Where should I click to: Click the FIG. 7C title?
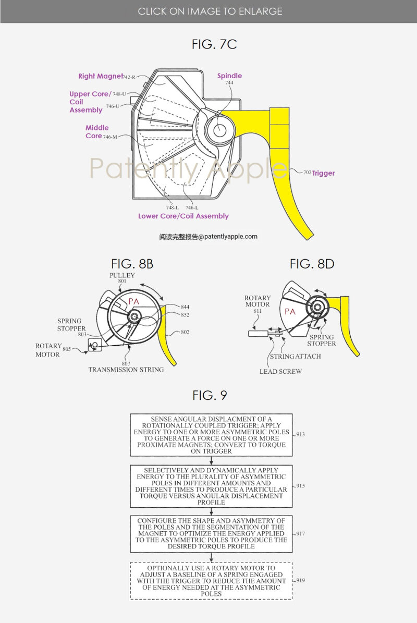coord(214,45)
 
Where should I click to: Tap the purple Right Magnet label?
coord(101,76)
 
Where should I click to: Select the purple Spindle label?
coord(229,76)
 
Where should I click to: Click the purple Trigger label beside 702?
coord(323,173)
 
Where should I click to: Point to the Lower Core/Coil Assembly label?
coord(183,216)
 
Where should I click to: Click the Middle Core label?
coord(97,132)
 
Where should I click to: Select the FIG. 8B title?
coord(132,264)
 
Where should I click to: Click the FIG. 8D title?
coord(312,264)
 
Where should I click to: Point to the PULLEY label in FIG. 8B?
coord(122,275)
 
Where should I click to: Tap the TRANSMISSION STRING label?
coord(126,370)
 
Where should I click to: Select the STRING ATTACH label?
coord(295,357)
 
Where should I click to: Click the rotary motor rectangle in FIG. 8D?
coord(258,332)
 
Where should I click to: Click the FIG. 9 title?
coord(210,395)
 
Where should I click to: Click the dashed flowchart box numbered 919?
coord(211,581)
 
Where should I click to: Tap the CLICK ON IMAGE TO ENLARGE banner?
coord(210,11)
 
